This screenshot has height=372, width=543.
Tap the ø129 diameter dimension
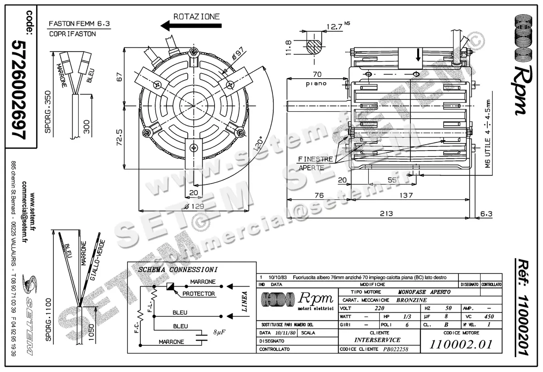[195, 206]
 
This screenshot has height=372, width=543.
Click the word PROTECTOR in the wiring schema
[199, 294]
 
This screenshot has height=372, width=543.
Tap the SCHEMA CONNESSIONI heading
[178, 269]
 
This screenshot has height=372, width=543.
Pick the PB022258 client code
[395, 349]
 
